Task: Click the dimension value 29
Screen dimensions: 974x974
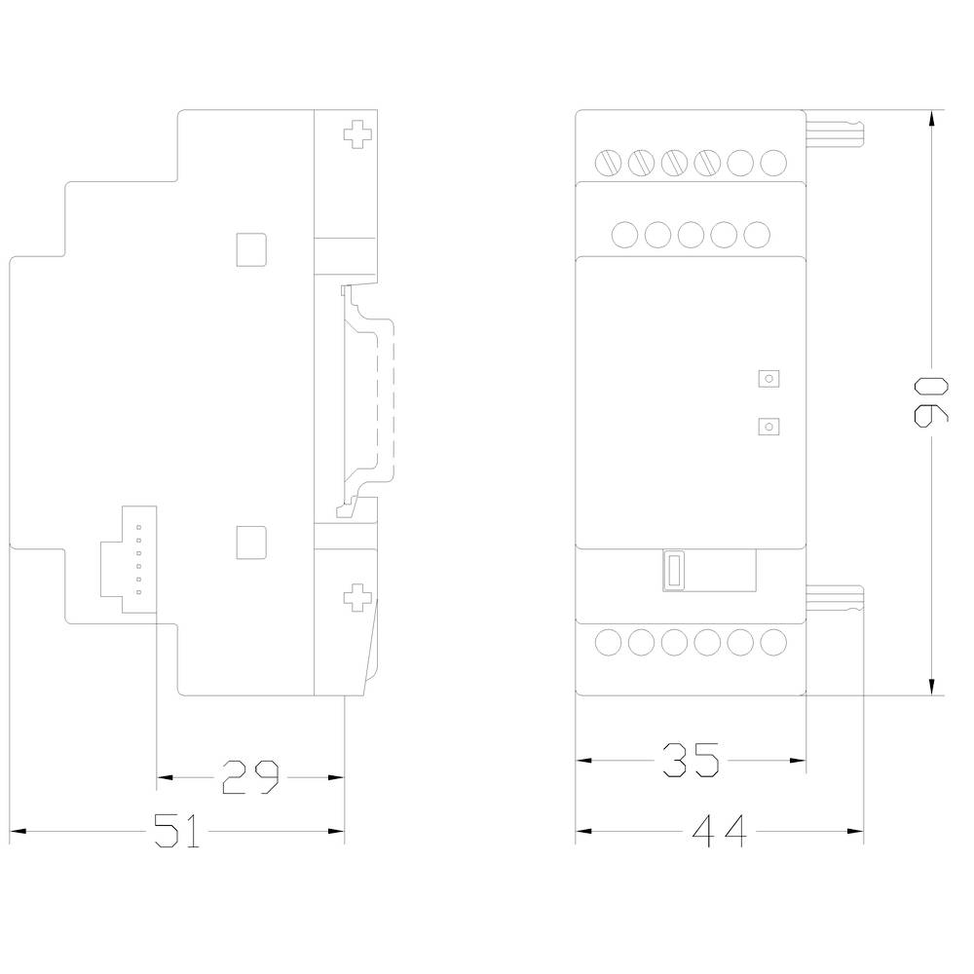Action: (250, 776)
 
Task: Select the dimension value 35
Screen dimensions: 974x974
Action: (691, 759)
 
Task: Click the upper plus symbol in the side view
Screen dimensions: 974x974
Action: (358, 133)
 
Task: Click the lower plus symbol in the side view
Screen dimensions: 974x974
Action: (358, 595)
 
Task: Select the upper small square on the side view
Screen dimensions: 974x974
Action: (251, 249)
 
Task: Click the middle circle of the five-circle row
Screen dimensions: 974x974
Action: (691, 234)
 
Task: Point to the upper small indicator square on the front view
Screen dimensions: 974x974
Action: (769, 378)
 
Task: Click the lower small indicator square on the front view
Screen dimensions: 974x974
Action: (769, 426)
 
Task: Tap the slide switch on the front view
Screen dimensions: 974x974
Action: (673, 571)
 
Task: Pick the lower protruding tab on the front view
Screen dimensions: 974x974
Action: (836, 598)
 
